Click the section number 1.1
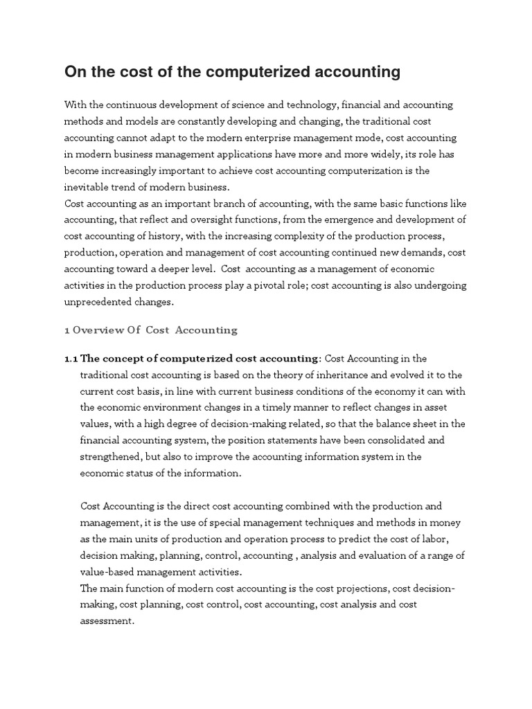pos(71,358)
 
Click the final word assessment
pos(107,621)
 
